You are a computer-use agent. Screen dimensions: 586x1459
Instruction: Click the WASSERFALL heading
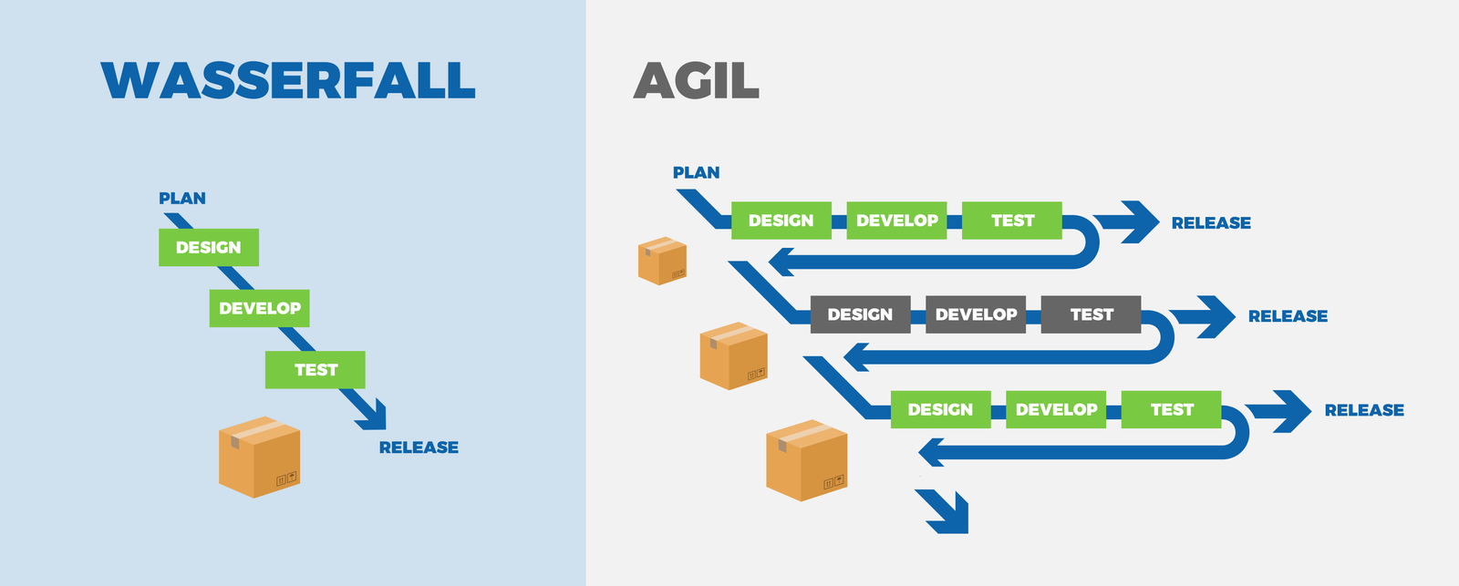(x=288, y=80)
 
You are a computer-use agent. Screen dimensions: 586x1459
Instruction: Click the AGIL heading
(x=696, y=80)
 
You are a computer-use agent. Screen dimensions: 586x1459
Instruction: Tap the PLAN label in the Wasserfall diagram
(x=182, y=198)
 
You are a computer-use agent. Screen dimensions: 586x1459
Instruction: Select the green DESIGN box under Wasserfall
(x=208, y=247)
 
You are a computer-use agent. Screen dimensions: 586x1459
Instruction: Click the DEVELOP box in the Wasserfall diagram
(x=259, y=308)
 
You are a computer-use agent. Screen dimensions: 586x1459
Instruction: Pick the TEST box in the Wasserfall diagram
(x=316, y=369)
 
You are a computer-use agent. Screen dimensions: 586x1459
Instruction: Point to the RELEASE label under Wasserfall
(x=419, y=447)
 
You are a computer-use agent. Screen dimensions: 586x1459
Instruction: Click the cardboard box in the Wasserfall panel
(x=259, y=457)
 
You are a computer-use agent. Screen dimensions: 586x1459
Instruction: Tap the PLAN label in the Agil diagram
(x=696, y=172)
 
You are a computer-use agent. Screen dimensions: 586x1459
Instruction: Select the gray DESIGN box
(x=860, y=314)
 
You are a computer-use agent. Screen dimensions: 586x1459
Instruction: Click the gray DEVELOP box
(x=976, y=314)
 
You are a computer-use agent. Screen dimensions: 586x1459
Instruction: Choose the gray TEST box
(x=1092, y=314)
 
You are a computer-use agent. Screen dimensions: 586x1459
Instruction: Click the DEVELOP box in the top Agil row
(x=896, y=221)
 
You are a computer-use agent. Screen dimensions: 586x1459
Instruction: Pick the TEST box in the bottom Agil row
(x=1172, y=409)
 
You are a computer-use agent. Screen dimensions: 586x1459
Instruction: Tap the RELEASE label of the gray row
(x=1288, y=316)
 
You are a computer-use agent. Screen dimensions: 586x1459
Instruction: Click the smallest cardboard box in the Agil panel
(x=661, y=261)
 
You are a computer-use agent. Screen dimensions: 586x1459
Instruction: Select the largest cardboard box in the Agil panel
(x=806, y=460)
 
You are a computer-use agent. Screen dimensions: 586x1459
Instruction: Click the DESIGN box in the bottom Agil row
(x=940, y=409)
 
